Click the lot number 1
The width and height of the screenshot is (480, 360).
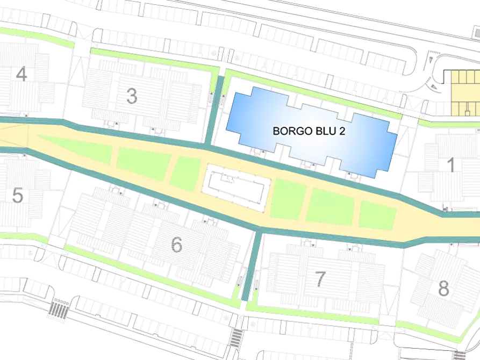pos(452,165)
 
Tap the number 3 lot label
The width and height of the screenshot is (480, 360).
pos(132,96)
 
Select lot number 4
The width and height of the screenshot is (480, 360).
pos(22,74)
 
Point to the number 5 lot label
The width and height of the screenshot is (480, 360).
pos(18,196)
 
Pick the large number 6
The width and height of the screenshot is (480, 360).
pos(176,244)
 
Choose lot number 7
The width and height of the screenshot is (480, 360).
pos(320,279)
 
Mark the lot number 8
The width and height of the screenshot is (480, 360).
pos(443,289)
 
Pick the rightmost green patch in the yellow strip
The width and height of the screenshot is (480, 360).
pos(378,215)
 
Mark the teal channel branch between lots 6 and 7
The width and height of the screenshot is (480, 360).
pos(250,266)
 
